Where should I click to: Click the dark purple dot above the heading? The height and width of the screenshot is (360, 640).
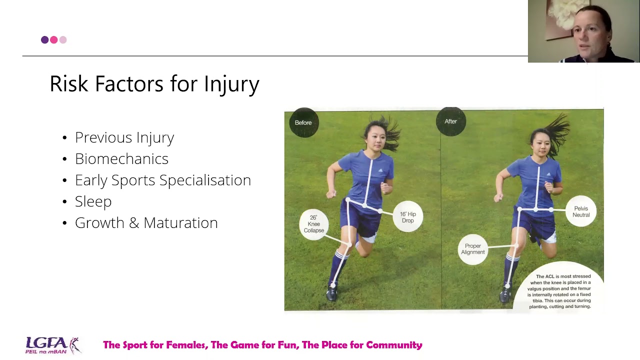[x=44, y=39]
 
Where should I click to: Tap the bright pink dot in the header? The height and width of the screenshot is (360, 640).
[x=53, y=39]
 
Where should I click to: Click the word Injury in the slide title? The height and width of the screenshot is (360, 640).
[x=231, y=84]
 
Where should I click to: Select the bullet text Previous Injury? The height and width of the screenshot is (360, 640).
[x=124, y=137]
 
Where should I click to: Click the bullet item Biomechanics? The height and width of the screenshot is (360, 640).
[x=121, y=159]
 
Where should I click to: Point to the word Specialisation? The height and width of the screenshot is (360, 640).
[x=205, y=180]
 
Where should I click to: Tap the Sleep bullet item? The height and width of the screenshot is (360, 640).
[x=93, y=201]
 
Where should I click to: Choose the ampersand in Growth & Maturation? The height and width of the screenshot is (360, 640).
[x=134, y=223]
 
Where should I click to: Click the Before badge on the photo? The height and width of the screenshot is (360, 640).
[x=303, y=122]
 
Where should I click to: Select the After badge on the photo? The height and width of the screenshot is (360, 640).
[x=451, y=121]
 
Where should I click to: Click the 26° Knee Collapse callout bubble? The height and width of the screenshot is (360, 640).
[x=313, y=224]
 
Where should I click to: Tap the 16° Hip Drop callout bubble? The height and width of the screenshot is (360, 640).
[x=407, y=216]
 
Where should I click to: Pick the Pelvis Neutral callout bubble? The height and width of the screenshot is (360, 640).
[x=581, y=211]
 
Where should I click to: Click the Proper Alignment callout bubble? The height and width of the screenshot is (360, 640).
[x=473, y=249]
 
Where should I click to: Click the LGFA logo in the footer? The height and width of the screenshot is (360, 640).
[x=53, y=345]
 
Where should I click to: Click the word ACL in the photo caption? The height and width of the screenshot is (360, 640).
[x=549, y=276]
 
